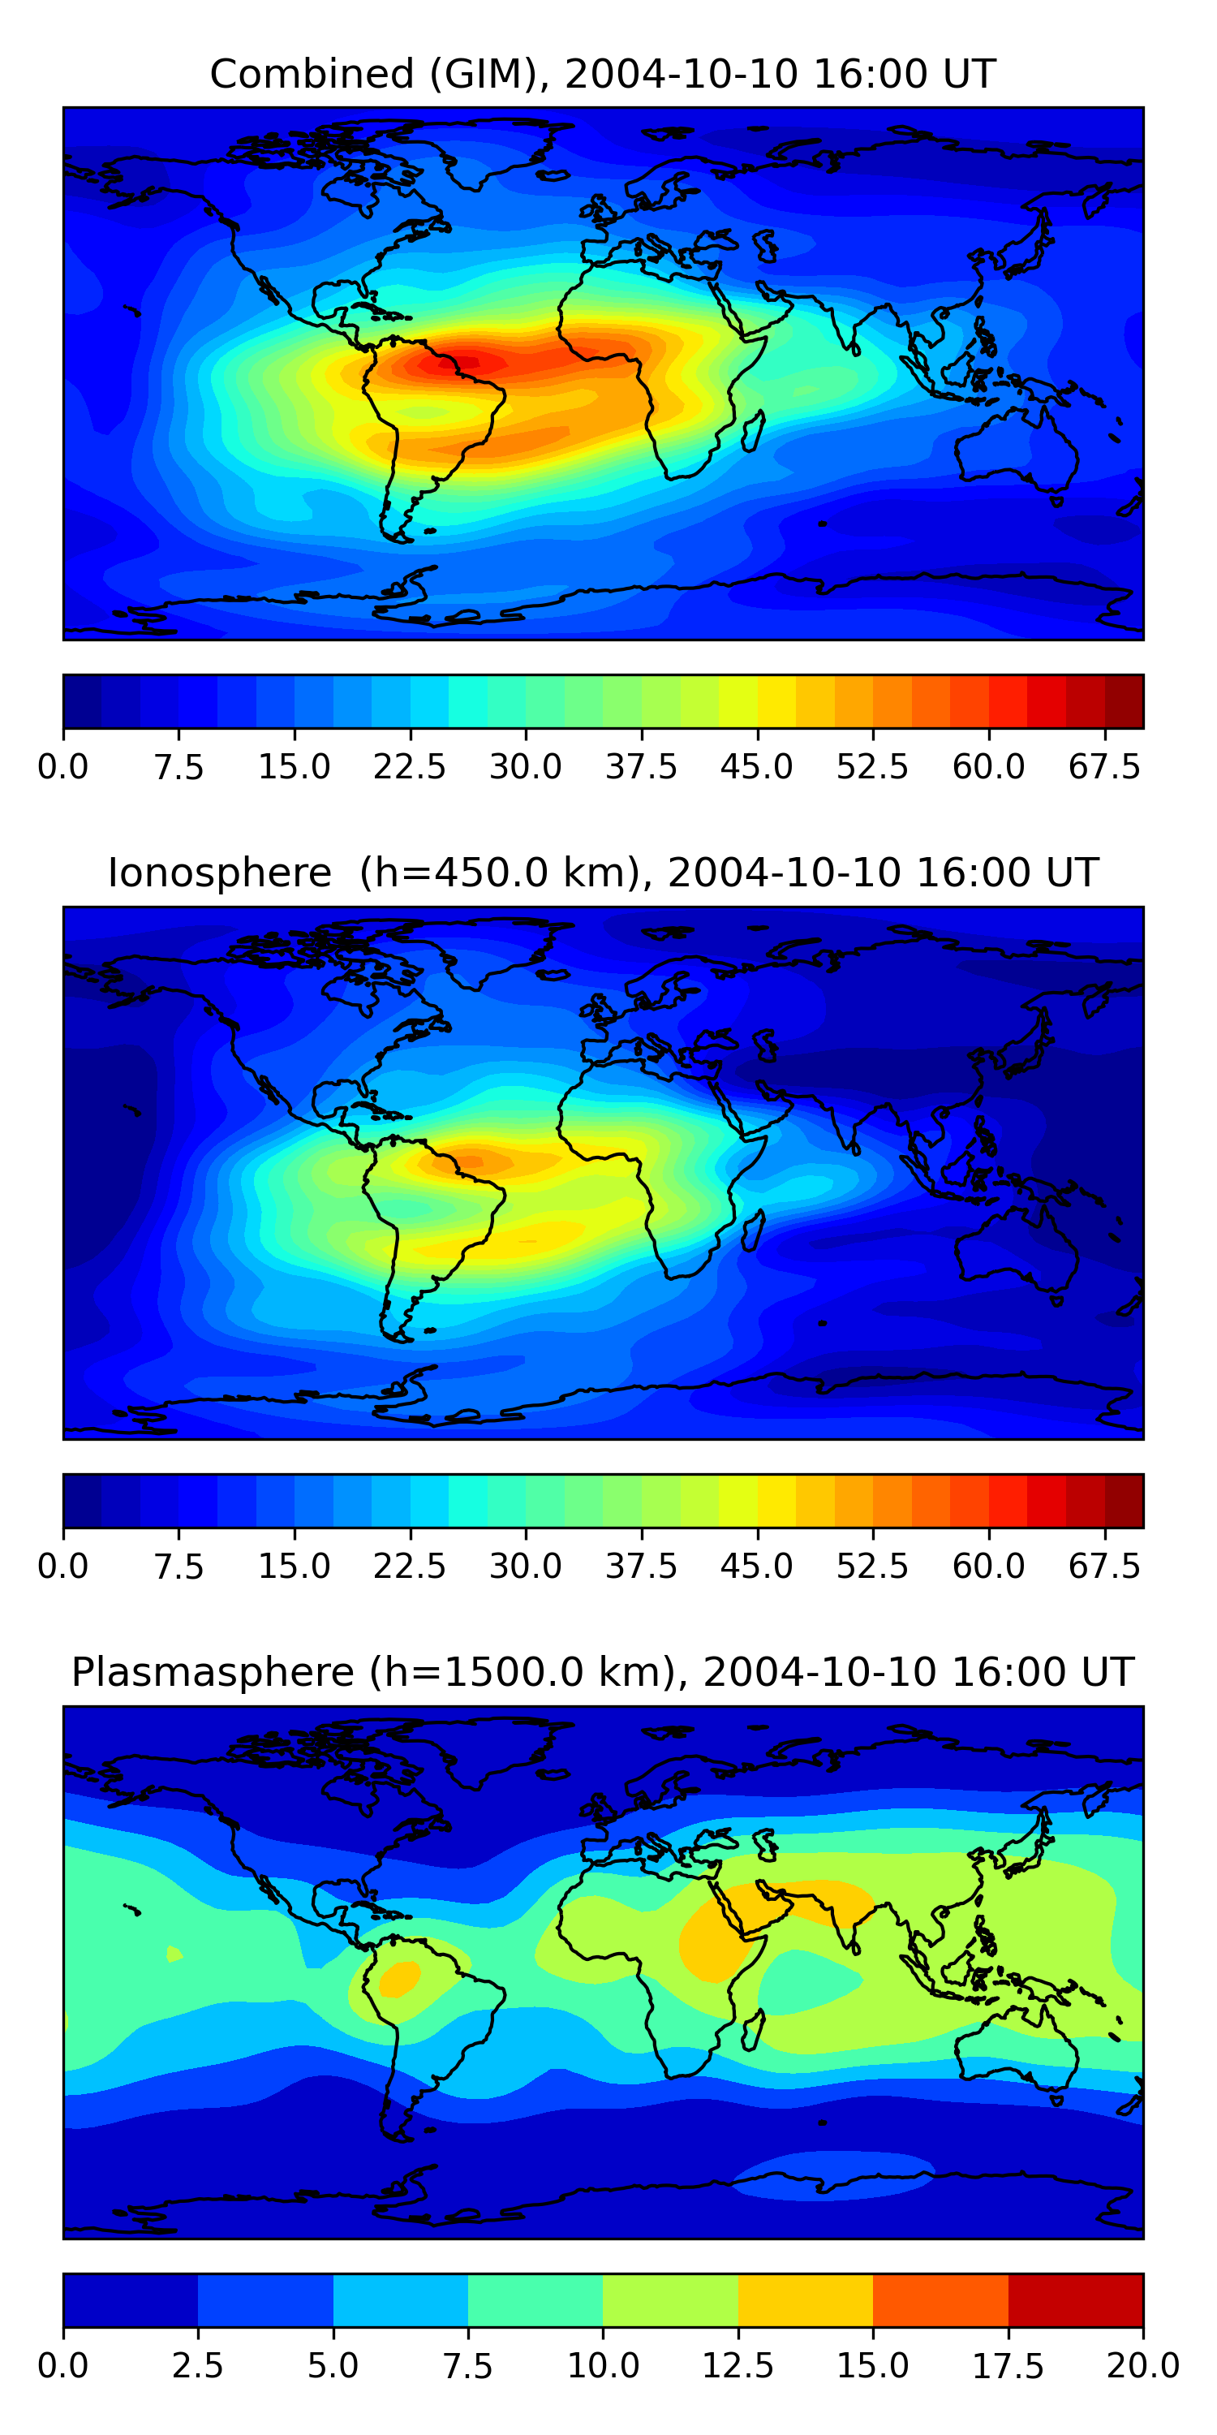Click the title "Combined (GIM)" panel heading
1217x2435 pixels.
tap(603, 74)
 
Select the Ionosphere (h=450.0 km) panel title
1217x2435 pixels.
tap(603, 873)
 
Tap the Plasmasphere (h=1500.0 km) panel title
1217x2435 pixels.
tap(603, 1671)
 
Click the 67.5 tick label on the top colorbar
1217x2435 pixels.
tap(1104, 766)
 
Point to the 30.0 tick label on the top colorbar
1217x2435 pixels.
tap(526, 766)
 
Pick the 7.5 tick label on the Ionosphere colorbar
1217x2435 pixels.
tap(178, 1566)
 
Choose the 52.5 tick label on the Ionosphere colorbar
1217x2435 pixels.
tap(872, 1566)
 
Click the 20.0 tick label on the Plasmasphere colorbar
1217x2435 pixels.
tap(1142, 2365)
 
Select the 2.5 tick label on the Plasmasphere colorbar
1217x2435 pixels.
tap(197, 2365)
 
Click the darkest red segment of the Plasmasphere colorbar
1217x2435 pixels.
tap(1075, 2299)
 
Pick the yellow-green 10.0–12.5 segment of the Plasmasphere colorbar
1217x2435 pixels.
tap(670, 2299)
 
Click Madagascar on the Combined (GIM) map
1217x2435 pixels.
tap(753, 431)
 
